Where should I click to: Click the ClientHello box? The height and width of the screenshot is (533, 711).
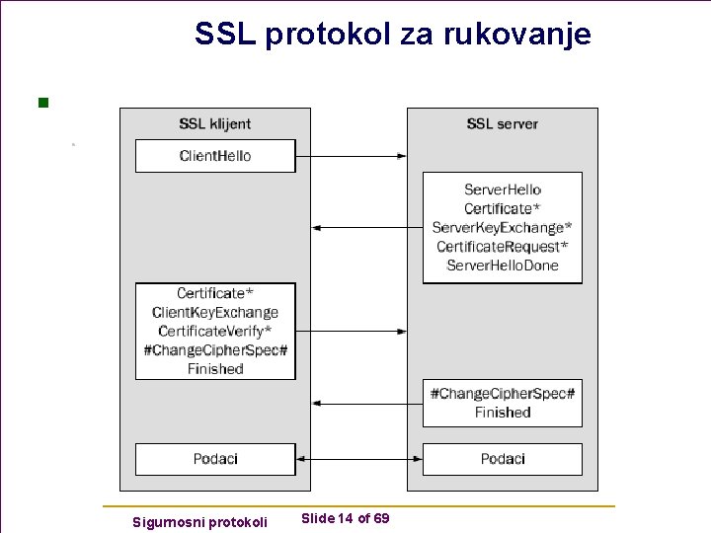coord(215,156)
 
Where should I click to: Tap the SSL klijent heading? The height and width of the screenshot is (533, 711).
coord(214,124)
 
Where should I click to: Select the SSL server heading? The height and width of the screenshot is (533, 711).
coord(502,124)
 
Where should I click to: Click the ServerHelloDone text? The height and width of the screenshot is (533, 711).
coord(502,266)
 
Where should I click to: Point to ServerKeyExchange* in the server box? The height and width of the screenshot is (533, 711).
coord(502,228)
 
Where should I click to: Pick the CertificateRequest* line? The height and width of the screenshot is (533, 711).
coord(502,247)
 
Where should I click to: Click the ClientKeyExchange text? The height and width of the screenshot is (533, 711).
coord(215,313)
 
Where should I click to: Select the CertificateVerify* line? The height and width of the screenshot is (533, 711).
coord(215,332)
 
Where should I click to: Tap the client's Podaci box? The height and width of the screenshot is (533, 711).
coord(215,459)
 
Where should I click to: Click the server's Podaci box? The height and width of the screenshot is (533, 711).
coord(502,459)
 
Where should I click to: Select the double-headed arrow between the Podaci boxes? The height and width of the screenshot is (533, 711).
coord(358,459)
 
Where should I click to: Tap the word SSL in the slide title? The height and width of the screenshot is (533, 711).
coord(222,35)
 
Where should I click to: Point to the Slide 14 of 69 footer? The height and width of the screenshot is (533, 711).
coord(345,519)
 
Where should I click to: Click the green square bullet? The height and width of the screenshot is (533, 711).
coord(42,101)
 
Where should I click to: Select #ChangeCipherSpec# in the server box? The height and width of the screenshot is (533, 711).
coord(502,394)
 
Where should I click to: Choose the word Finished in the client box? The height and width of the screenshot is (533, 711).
coord(215,369)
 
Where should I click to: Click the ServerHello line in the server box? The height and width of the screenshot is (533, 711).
coord(502,190)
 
